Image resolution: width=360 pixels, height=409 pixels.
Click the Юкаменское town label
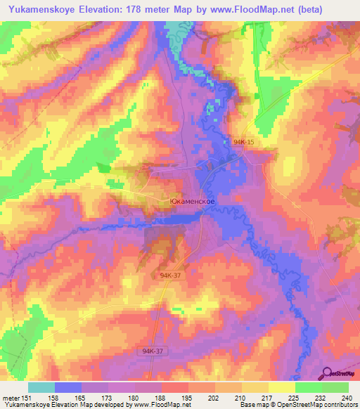point(192,200)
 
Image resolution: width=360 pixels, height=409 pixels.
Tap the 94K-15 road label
point(243,143)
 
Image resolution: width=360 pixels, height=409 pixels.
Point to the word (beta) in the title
point(336,8)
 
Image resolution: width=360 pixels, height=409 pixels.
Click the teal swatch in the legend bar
point(41,387)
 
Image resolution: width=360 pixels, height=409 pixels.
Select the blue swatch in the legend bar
point(68,387)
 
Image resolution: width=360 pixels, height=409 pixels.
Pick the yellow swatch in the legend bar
point(282,387)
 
